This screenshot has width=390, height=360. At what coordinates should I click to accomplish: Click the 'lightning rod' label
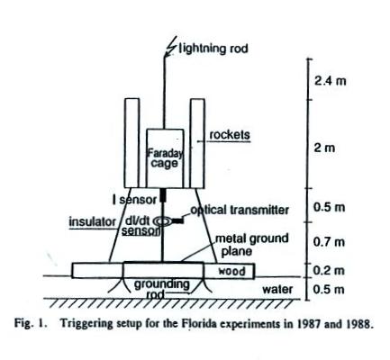click(x=213, y=49)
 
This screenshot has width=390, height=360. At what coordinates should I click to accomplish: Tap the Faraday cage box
click(x=165, y=158)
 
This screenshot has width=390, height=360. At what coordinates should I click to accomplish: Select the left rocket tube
click(x=132, y=143)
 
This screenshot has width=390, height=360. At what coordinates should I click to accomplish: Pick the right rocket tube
click(x=197, y=143)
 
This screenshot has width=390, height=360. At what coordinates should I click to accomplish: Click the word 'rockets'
click(x=230, y=135)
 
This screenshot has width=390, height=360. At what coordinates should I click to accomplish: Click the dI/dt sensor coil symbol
click(x=163, y=221)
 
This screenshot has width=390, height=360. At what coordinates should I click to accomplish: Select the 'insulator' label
click(x=92, y=222)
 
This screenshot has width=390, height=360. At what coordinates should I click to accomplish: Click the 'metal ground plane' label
click(x=252, y=245)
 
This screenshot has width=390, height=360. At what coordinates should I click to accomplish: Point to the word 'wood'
click(x=231, y=271)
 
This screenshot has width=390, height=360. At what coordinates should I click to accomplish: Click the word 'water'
click(x=277, y=290)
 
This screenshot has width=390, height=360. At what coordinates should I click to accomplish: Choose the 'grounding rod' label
click(x=161, y=289)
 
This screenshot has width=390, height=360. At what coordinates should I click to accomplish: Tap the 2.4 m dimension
click(x=330, y=81)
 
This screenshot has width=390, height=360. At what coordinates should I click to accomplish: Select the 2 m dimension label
click(x=324, y=148)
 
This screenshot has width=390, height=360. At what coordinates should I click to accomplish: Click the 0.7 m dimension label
click(x=329, y=242)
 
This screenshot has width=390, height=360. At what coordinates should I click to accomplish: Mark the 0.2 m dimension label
click(x=329, y=271)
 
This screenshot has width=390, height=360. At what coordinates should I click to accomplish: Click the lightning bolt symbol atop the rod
click(x=171, y=49)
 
